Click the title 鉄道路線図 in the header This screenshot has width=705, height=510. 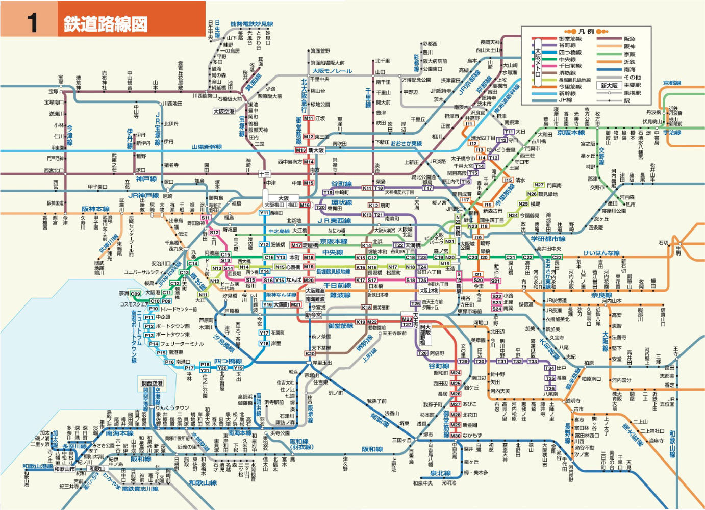pos(105,24)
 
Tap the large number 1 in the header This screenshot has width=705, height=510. pos(33,23)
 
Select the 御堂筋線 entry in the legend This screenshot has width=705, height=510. pos(569,39)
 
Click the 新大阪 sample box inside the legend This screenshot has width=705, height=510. pos(609,86)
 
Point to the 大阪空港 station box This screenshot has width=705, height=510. pos(223,111)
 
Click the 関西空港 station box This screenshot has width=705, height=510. pos(152,384)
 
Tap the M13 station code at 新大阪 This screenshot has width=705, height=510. pos(300,150)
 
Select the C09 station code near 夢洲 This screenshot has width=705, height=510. pos(135,294)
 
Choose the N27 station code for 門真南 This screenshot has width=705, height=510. pos(539,185)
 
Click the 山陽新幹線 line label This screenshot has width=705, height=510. pos(207,147)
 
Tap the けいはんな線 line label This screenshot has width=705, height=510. pos(601,253)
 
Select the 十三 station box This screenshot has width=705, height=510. pos(264,174)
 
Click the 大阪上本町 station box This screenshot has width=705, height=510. pos(429,291)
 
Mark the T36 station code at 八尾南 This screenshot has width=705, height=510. pos(550,388)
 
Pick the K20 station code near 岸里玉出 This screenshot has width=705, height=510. pos(310,353)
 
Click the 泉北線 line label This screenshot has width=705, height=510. pos(440,473)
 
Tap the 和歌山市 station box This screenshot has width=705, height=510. pos(64,469)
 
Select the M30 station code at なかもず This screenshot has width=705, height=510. pos(455,436)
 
